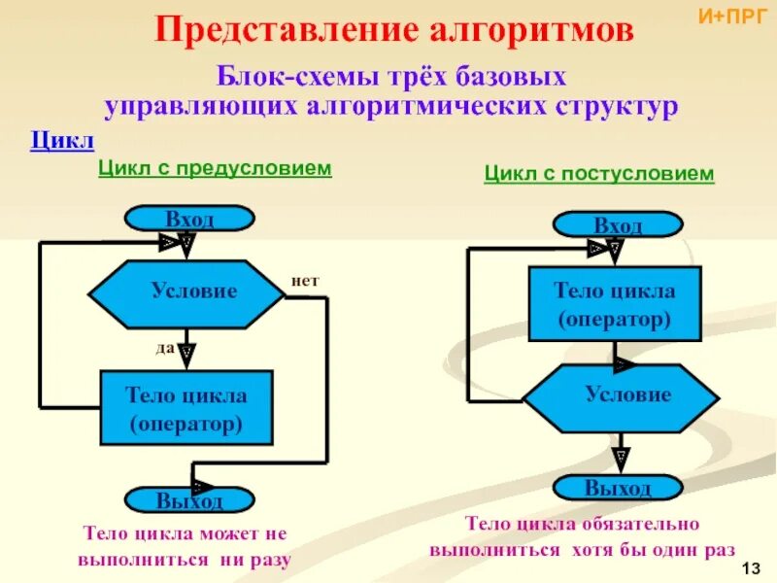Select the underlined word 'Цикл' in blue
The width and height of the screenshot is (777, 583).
[62, 142]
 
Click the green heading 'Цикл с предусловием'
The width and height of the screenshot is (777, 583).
[215, 169]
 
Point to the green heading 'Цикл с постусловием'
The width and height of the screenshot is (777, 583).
[599, 174]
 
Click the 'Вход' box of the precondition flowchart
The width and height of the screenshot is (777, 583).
[190, 219]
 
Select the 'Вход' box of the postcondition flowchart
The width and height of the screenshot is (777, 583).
[618, 225]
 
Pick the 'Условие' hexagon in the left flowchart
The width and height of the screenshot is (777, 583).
[186, 291]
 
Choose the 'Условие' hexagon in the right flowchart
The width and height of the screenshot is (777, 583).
[622, 395]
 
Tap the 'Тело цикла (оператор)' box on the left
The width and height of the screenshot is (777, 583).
[186, 408]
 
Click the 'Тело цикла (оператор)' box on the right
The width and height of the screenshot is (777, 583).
[614, 304]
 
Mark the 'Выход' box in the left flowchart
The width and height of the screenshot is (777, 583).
[190, 500]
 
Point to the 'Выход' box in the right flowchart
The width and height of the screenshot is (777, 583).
[618, 488]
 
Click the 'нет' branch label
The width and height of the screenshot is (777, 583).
[305, 281]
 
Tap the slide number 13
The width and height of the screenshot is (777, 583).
[749, 567]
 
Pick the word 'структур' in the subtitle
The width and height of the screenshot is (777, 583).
[623, 105]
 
